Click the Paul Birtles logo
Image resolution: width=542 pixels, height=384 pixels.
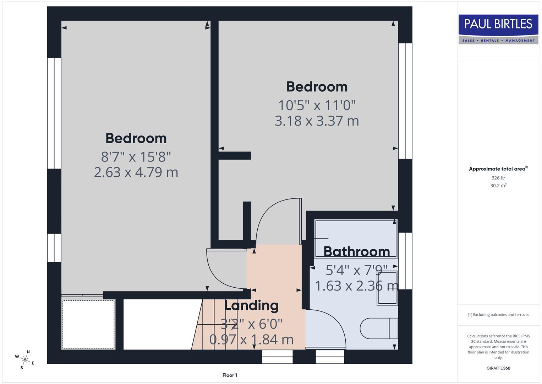498,29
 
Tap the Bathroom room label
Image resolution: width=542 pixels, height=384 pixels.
357,252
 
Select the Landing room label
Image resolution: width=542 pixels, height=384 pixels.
251,305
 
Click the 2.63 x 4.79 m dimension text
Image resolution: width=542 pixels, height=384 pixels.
136,172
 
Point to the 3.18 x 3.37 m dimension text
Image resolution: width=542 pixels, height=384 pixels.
317,121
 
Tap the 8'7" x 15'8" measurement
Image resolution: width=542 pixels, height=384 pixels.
136,156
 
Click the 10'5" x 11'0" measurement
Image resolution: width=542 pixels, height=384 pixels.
317,105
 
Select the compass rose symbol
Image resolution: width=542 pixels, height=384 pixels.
25,359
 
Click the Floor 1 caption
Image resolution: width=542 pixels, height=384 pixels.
230,375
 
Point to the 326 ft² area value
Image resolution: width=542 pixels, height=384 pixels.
498,178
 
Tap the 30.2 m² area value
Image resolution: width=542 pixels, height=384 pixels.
498,185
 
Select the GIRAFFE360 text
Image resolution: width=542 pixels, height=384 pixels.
498,368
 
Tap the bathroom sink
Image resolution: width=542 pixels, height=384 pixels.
387,288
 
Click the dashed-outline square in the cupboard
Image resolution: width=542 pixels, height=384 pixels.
89,324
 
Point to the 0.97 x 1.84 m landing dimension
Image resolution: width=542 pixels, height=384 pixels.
251,340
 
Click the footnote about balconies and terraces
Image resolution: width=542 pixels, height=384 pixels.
498,315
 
